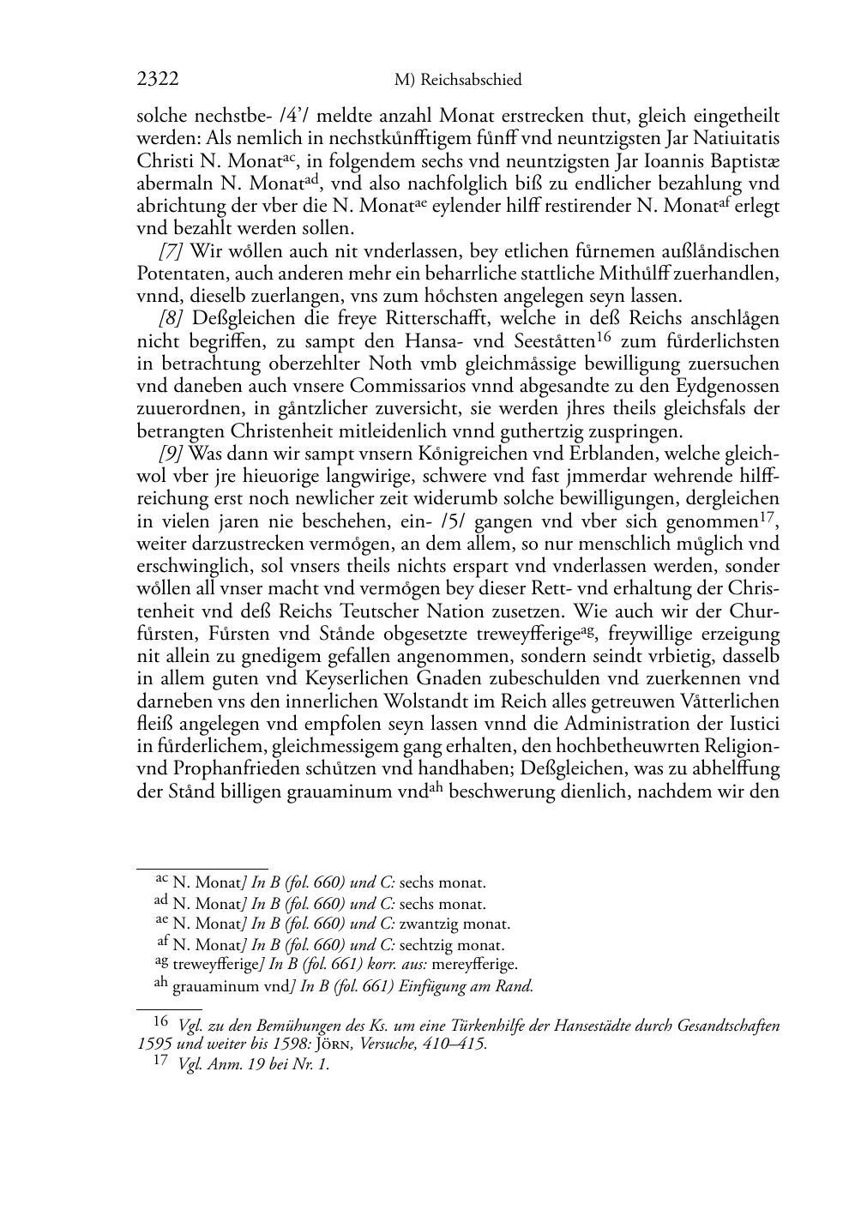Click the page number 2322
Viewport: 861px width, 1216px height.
pos(158,80)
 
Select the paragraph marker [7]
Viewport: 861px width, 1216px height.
pos(171,252)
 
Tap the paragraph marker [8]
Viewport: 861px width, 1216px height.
pos(171,319)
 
